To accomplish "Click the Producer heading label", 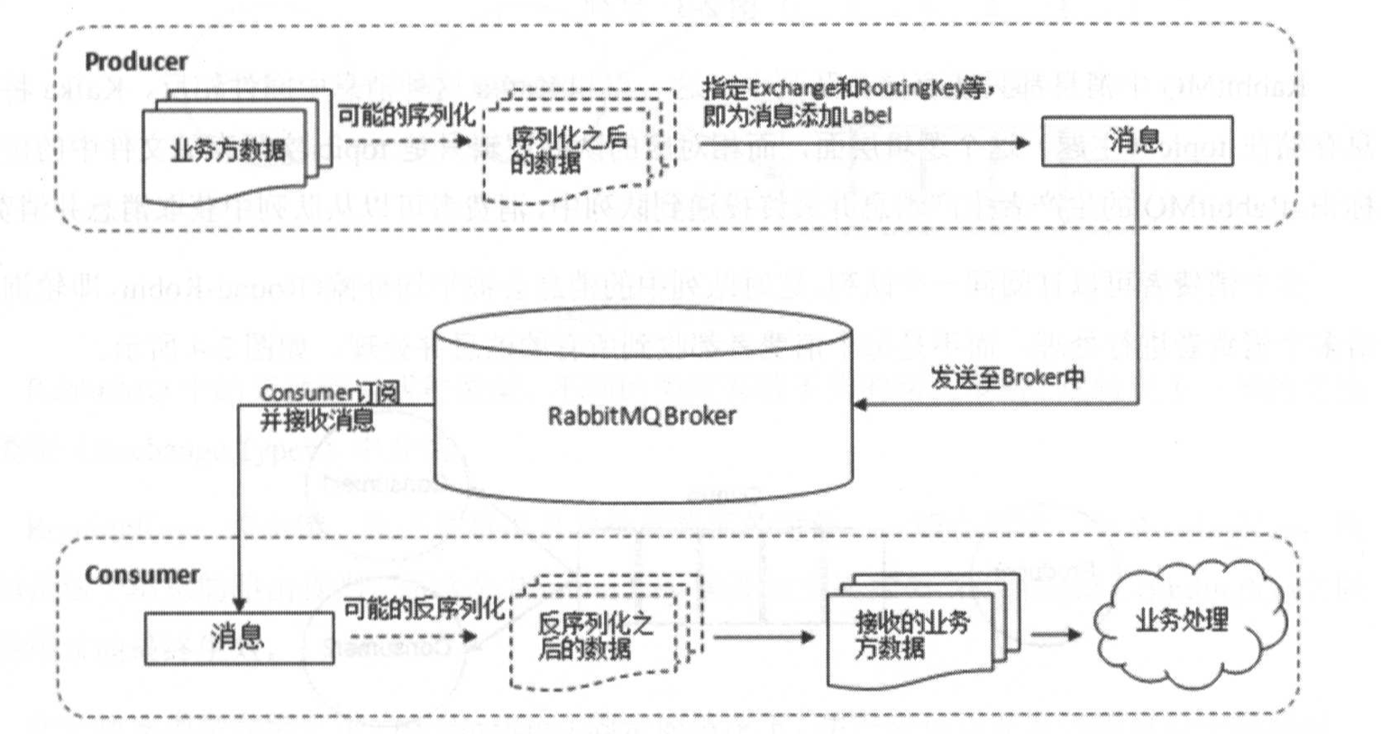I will (136, 61).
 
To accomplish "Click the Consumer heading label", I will (142, 574).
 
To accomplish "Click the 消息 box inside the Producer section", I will (1136, 141).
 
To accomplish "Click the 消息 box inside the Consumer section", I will (238, 638).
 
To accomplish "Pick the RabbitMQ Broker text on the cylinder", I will (642, 416).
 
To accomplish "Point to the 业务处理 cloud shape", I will (1182, 620).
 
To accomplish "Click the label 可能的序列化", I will (405, 116).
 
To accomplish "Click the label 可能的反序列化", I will (423, 610).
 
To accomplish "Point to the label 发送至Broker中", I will (1008, 377).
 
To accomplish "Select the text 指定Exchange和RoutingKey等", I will (847, 89).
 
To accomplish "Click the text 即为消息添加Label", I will (797, 115).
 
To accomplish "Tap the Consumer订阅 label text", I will (328, 393).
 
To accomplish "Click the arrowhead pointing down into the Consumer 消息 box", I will (239, 604).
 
